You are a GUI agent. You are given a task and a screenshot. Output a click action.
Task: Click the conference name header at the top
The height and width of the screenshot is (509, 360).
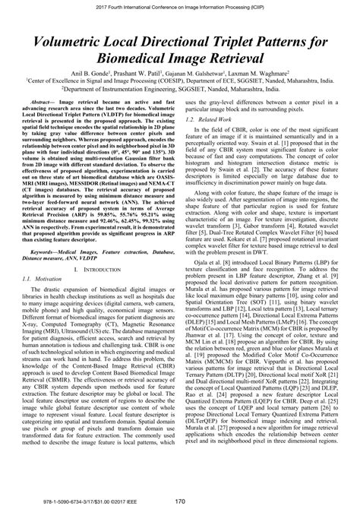(180, 5)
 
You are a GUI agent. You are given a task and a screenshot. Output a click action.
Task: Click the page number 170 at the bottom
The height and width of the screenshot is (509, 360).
(180, 501)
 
